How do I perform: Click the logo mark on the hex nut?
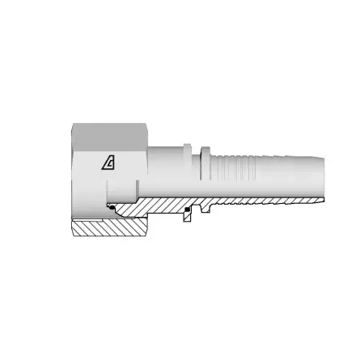point(108,162)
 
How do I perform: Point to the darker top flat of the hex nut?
point(106,132)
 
